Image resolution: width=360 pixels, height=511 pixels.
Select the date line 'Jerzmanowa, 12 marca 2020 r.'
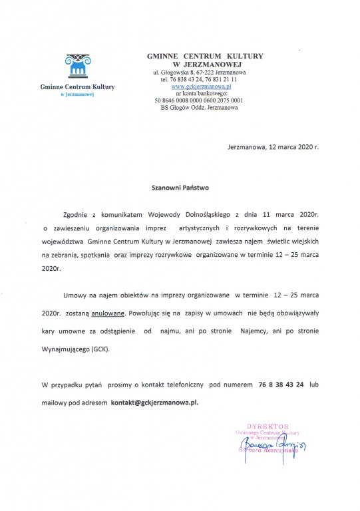click(273, 146)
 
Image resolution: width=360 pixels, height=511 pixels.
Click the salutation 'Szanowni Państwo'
click(180, 188)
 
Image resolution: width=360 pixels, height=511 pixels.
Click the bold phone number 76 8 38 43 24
click(280, 385)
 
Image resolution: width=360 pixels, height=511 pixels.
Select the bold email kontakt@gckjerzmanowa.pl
click(154, 403)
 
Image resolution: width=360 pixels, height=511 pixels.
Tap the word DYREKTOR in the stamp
click(268, 425)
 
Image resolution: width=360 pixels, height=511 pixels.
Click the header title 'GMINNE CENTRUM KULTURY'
click(205, 57)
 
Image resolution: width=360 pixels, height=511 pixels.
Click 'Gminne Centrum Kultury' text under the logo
click(77, 87)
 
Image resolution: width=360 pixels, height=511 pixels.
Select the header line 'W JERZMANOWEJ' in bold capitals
click(204, 65)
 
